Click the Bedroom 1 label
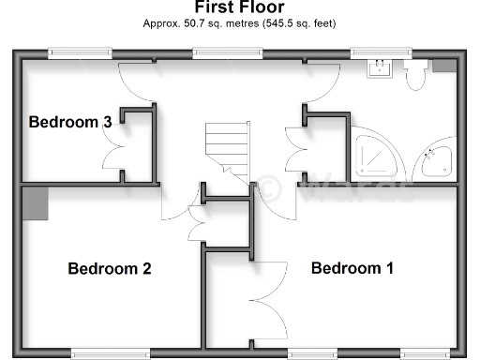point(352,269)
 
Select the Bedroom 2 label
point(110,269)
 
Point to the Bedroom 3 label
point(70,122)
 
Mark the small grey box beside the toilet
point(442,67)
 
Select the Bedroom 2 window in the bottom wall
point(110,352)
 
